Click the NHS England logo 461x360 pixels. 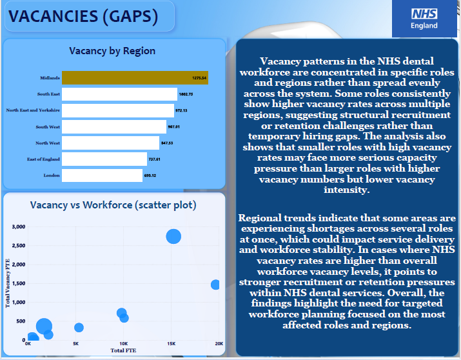424,18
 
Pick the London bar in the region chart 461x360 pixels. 102,175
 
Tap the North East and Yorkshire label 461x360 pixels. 33,110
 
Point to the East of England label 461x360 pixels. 43,159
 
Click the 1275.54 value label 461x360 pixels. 199,78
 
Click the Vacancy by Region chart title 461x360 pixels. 112,51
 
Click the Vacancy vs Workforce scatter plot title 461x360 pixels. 113,205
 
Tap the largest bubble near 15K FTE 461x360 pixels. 173,236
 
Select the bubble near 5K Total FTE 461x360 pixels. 79,328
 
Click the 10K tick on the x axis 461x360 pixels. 123,344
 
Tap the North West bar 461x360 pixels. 110,143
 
